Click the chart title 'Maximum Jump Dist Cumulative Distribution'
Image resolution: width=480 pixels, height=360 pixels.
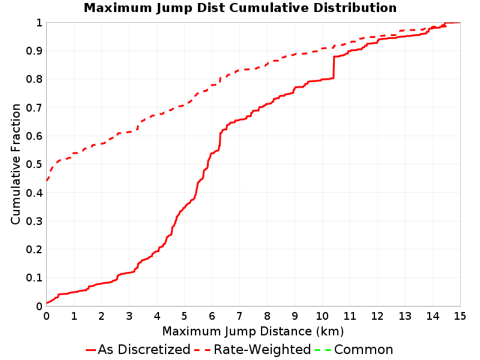click(x=240, y=8)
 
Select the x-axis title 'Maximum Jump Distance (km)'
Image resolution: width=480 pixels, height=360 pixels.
click(x=253, y=331)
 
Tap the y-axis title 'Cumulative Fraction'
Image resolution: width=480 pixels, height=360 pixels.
click(x=16, y=164)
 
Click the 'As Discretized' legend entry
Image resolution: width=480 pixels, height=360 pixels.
click(x=138, y=349)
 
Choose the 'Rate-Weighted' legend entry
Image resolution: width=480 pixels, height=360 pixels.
click(x=253, y=349)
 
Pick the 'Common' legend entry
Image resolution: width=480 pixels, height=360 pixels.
click(x=353, y=349)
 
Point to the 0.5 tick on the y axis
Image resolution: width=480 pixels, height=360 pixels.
click(x=34, y=164)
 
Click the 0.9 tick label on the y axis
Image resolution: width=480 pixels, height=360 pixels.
click(x=34, y=51)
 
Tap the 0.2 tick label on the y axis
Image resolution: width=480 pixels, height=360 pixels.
click(x=34, y=250)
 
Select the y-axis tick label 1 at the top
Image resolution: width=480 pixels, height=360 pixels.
click(x=39, y=22)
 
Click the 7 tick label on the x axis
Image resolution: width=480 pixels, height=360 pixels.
click(x=239, y=316)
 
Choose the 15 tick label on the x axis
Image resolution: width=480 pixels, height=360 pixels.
click(x=460, y=316)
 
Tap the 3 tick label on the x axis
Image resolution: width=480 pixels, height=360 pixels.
click(x=129, y=316)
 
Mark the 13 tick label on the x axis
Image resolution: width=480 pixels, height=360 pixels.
click(x=404, y=316)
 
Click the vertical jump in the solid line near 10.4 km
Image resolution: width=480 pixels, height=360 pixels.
click(x=334, y=67)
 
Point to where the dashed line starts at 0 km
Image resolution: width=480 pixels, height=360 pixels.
click(x=47, y=181)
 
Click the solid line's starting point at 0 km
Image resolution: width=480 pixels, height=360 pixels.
click(x=47, y=303)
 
